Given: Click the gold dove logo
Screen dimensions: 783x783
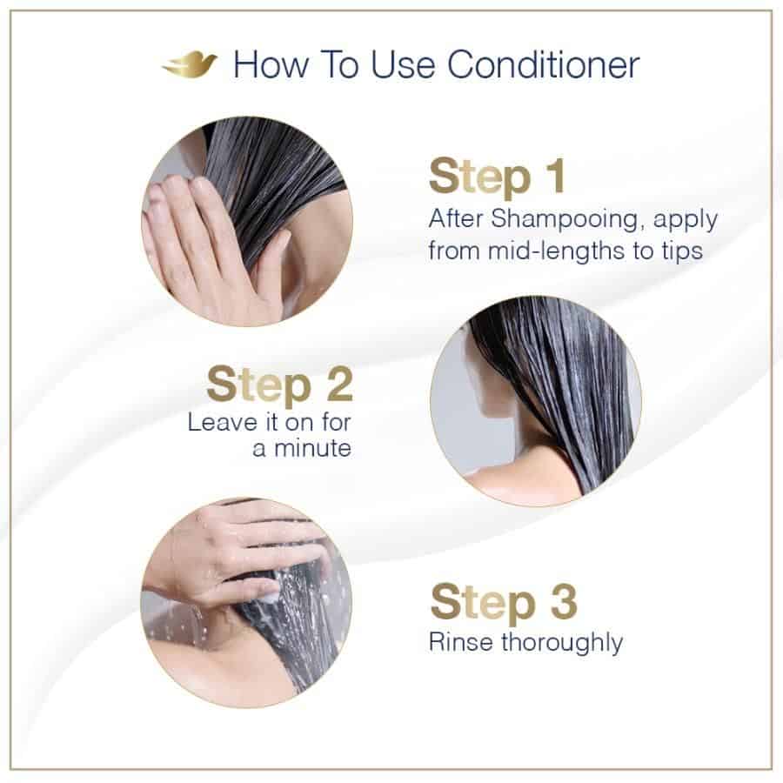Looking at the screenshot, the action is pos(190,64).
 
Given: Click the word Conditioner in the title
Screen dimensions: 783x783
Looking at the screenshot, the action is pos(543,65).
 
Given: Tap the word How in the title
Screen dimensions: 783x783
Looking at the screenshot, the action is pos(271,65).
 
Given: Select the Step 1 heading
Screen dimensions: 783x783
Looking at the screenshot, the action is pos(497,177).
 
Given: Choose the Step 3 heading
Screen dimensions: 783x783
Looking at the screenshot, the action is pos(504,602).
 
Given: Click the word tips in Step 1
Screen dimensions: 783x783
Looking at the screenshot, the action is pos(683,251).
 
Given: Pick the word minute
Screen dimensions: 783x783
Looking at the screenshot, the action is pos(312,448).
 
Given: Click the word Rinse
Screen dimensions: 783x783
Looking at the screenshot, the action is pos(461,642).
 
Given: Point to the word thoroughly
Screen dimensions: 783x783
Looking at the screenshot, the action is pos(562,643).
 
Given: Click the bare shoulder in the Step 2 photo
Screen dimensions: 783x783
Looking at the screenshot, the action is pos(519,477).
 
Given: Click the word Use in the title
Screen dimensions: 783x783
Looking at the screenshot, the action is pos(403,65).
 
